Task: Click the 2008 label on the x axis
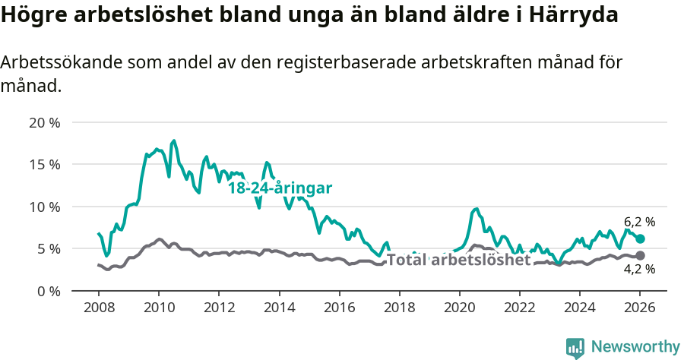[x=99, y=308]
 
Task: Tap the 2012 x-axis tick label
[x=219, y=308]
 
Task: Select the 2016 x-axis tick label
[x=339, y=308]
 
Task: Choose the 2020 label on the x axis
[x=459, y=308]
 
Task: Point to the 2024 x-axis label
[x=579, y=308]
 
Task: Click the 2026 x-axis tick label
[x=639, y=308]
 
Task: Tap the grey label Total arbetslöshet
[x=458, y=260]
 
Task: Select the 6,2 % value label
[x=639, y=222]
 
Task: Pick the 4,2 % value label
[x=639, y=269]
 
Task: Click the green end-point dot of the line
[x=640, y=238]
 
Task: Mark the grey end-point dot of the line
[x=640, y=256]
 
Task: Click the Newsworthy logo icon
[x=575, y=348]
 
